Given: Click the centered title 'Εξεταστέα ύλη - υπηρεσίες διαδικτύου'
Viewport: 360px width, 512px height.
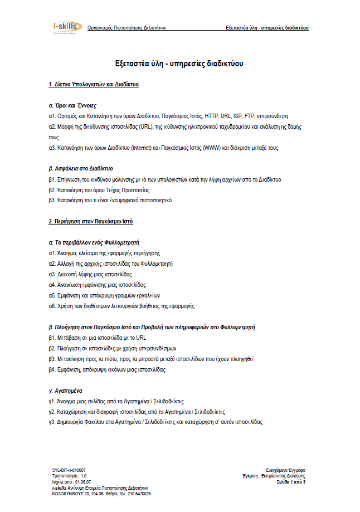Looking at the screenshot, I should [179, 64].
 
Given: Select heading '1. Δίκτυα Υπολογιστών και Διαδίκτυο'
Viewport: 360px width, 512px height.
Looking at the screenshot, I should [94, 85].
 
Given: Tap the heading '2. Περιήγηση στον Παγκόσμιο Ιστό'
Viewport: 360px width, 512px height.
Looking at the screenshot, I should [91, 222].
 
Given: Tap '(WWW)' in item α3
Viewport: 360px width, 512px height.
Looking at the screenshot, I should [210, 148].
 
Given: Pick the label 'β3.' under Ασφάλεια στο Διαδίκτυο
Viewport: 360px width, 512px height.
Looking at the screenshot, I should [52, 200].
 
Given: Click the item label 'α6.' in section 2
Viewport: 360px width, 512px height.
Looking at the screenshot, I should [52, 306].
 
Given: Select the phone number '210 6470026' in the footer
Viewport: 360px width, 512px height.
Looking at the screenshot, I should [137, 494].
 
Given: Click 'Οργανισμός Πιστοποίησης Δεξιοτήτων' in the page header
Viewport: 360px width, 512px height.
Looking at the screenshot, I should [127, 27].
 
